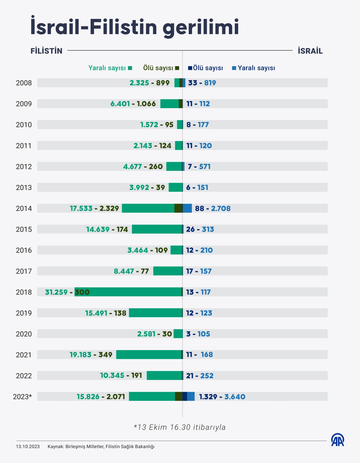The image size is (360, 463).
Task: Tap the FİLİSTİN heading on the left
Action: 46,51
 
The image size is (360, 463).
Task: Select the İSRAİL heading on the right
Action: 310,51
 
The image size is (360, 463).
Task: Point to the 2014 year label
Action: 24,209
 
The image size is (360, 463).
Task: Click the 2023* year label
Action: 22,397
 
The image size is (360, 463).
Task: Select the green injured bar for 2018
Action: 128,292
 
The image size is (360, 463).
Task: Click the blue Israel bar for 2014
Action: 187,209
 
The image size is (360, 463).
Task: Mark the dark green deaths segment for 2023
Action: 179,397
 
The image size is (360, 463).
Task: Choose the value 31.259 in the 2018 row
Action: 56,292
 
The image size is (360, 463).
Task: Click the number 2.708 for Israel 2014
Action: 221,209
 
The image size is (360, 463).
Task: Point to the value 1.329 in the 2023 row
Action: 208,397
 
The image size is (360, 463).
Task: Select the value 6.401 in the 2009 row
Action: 120,104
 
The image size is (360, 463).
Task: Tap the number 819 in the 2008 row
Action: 210,83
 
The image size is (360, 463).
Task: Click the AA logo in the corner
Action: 337,440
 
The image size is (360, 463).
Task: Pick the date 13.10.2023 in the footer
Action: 28,447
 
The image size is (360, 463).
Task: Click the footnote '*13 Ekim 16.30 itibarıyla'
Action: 180,427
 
